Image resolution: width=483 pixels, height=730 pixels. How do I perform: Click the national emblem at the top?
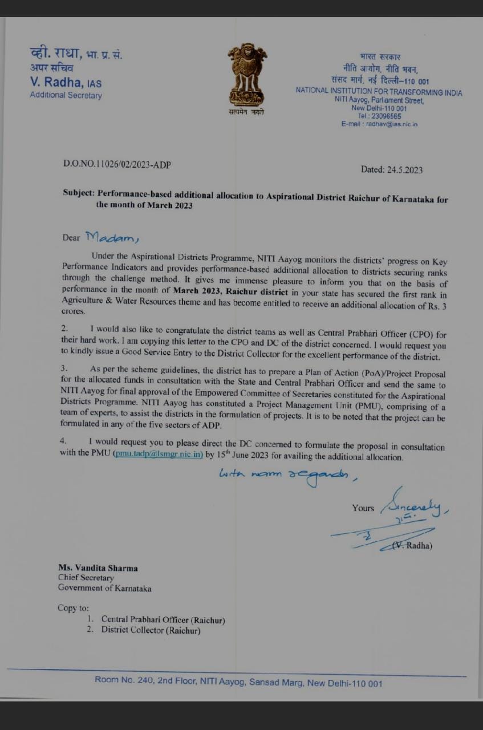pos(247,74)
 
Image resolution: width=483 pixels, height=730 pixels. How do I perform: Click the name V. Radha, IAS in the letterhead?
pos(66,83)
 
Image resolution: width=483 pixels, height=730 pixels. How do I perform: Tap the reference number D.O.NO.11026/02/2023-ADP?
pos(117,165)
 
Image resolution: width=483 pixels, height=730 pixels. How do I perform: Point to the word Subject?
pos(78,193)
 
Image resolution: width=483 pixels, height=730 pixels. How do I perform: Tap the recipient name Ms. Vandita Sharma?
pos(98,568)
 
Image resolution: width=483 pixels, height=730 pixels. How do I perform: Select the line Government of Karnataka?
pos(104,588)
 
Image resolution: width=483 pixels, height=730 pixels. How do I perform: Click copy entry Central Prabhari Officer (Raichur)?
pos(163,619)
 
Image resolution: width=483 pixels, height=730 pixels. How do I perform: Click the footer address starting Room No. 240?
pos(238,683)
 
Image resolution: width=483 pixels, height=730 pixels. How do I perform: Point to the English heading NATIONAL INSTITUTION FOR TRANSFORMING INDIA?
pos(379,92)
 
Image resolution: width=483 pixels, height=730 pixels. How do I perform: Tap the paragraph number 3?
pos(64,368)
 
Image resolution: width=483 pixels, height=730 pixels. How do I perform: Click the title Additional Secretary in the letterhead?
pos(66,95)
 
